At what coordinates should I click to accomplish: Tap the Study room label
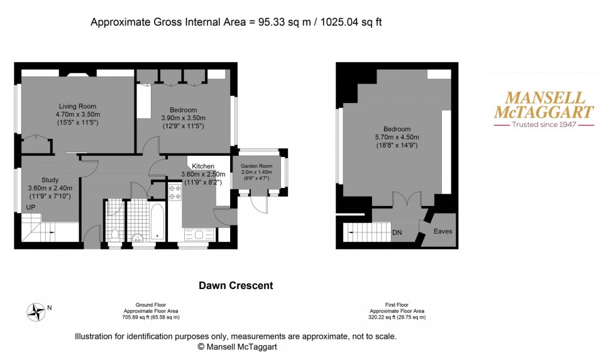(x=50, y=180)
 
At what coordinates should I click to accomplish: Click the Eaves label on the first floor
(x=443, y=232)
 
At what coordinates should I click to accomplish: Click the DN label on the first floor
(x=397, y=232)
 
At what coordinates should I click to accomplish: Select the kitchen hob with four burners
(x=174, y=192)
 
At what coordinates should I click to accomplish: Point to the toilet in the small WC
(x=114, y=234)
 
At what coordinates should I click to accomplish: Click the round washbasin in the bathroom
(x=138, y=238)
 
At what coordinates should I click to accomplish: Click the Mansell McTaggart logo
(x=542, y=110)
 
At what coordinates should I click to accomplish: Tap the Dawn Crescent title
(x=236, y=285)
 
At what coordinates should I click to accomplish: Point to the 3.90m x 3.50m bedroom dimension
(x=183, y=118)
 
